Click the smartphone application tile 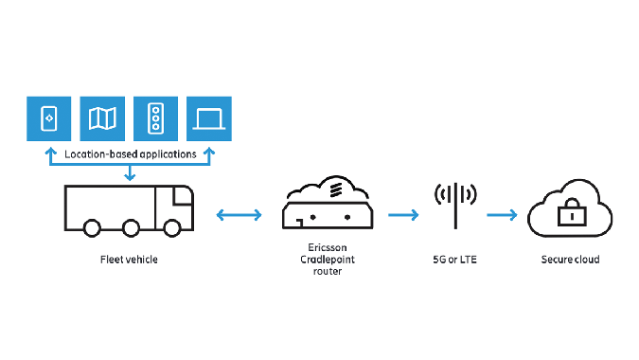(x=50, y=117)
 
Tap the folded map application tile (x=103, y=117)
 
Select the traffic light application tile (x=156, y=117)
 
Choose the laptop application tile (x=209, y=117)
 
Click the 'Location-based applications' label (x=131, y=153)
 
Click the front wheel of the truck (x=173, y=228)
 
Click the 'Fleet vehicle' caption (x=130, y=260)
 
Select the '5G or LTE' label (x=455, y=260)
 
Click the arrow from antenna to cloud (x=502, y=216)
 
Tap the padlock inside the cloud (x=570, y=215)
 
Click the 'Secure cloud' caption (x=570, y=260)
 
